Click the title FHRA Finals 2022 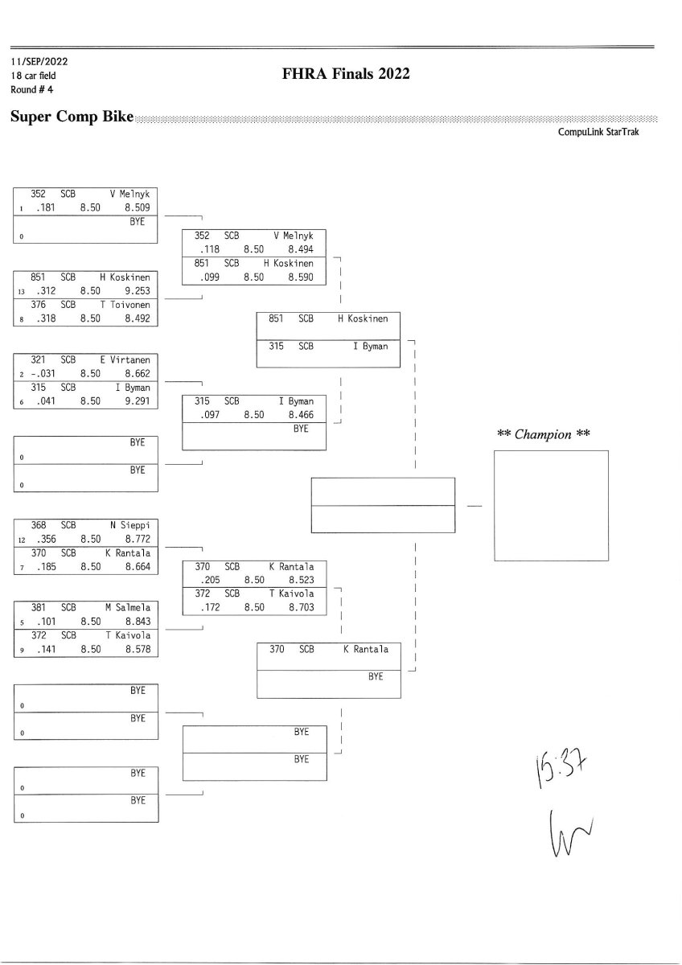[x=347, y=74]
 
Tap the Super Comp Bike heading [x=72, y=117]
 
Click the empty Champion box [x=550, y=505]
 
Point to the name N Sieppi [x=129, y=526]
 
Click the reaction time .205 [x=209, y=580]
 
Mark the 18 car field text [x=34, y=76]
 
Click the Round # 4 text [x=32, y=88]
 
